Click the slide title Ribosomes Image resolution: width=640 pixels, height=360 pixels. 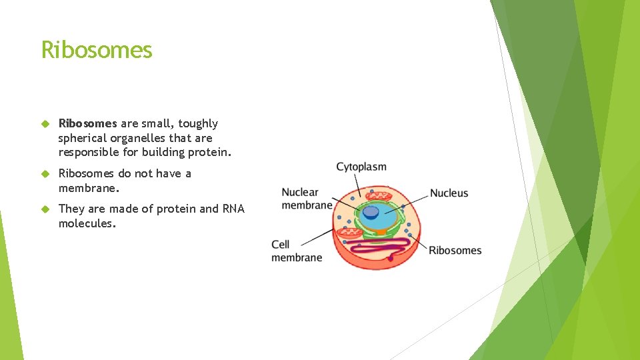tap(97, 50)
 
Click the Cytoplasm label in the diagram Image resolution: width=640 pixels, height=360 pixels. tap(361, 167)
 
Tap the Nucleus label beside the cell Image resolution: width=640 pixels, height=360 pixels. tap(449, 193)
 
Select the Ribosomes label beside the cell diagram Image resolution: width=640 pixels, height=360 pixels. tap(455, 251)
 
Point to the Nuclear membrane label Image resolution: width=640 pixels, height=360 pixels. tap(307, 199)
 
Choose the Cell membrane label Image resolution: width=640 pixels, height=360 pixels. tap(297, 251)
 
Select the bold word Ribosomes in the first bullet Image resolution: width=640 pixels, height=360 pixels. tap(87, 123)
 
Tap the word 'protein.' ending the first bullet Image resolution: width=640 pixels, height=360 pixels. tap(211, 153)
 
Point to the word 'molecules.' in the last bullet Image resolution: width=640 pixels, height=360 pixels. tap(87, 224)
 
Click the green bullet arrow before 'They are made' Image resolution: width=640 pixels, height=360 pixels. tap(45, 209)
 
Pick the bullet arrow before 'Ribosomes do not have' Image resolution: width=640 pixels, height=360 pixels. tap(45, 173)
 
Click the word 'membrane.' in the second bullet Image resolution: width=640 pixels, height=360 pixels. tap(89, 188)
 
